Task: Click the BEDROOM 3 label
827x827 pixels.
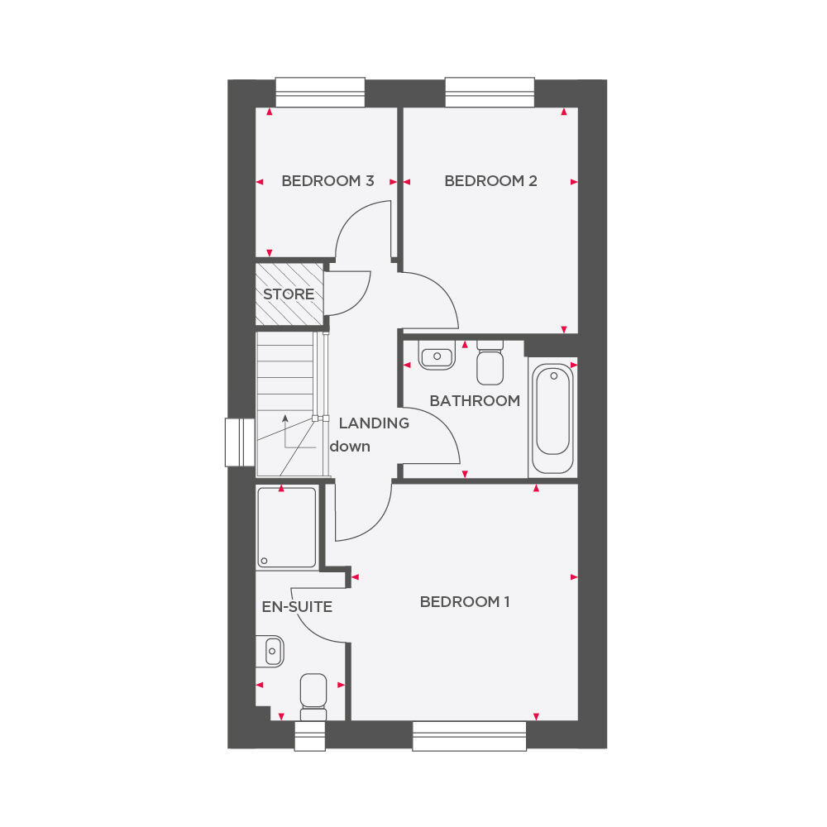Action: click(327, 181)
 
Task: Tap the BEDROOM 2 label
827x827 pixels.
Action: click(490, 181)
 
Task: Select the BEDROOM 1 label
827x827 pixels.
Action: click(465, 602)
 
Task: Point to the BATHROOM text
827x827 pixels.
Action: click(475, 401)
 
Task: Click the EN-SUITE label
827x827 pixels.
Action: click(297, 607)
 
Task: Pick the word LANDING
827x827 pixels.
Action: click(374, 423)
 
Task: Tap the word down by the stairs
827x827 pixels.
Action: click(350, 447)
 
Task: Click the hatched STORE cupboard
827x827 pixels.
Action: click(289, 294)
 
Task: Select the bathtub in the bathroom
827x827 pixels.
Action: click(552, 418)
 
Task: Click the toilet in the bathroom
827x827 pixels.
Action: click(490, 363)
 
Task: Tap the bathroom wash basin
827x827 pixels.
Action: click(437, 355)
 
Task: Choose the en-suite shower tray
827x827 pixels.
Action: click(287, 528)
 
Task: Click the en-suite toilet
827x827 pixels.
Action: click(313, 696)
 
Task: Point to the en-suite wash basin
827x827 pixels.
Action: click(270, 651)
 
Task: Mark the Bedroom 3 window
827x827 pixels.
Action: click(320, 93)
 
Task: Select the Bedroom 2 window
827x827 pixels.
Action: click(490, 93)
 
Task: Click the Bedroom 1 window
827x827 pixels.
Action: click(470, 736)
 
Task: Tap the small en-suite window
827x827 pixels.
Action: click(310, 736)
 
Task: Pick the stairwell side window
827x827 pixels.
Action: click(241, 442)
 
